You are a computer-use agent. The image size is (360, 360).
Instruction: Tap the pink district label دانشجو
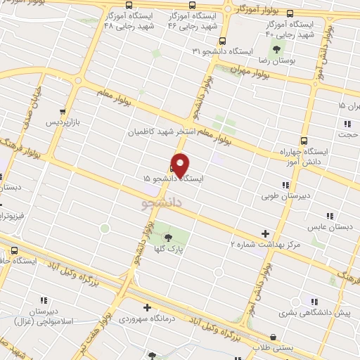(162, 203)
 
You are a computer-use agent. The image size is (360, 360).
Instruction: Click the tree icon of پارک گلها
(167, 237)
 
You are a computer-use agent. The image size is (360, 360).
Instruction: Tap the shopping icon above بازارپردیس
(63, 111)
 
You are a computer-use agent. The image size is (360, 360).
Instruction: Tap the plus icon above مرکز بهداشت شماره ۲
(265, 233)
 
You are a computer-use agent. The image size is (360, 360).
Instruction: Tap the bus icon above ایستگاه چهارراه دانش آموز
(303, 140)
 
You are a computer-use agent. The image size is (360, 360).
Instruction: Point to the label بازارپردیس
(64, 122)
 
